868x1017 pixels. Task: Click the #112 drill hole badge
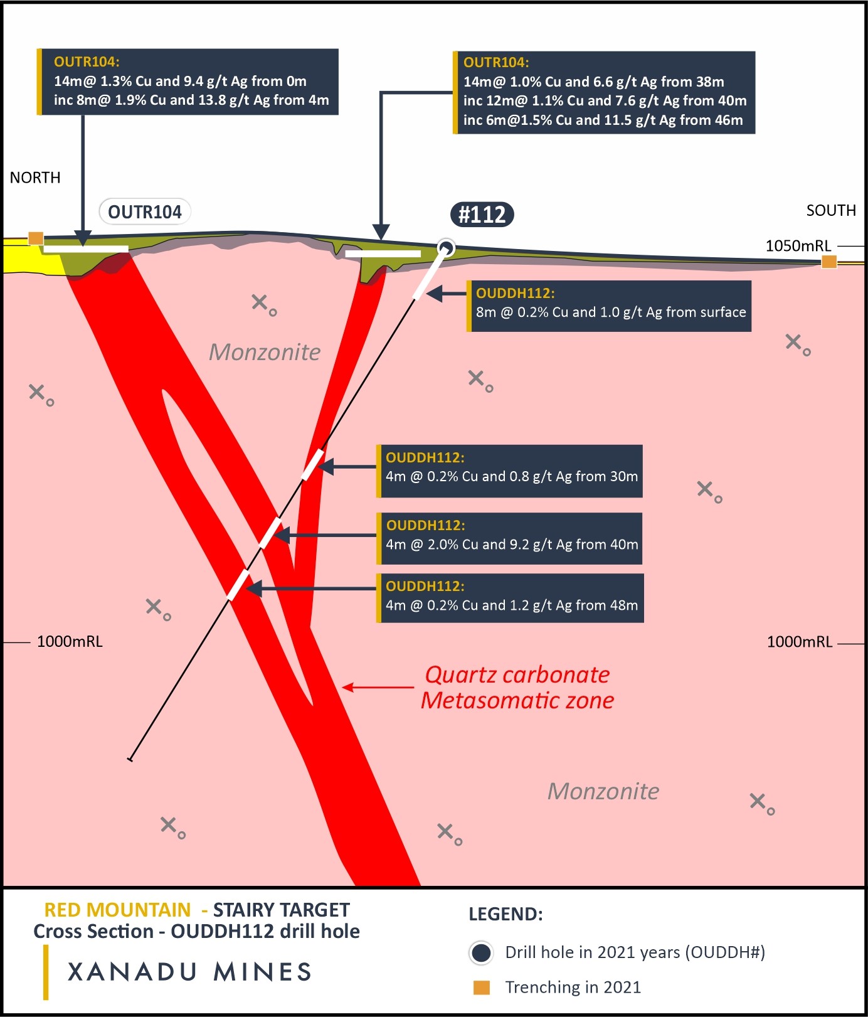point(482,215)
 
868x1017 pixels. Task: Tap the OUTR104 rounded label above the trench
point(145,212)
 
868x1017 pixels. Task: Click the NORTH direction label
point(35,178)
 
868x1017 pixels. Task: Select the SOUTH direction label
point(831,210)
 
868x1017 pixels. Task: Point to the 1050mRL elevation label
point(798,245)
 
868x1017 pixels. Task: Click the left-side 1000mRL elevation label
point(70,641)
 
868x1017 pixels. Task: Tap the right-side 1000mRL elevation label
point(800,641)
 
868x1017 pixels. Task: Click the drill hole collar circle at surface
point(446,248)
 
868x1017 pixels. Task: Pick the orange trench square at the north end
point(36,238)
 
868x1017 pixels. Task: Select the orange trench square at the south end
point(829,262)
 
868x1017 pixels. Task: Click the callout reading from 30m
point(511,471)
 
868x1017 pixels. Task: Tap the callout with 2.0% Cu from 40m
point(511,538)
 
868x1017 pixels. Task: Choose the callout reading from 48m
point(511,597)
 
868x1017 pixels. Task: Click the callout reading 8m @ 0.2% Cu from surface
point(610,306)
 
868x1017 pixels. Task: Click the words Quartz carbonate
point(517,675)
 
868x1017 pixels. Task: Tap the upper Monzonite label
point(264,352)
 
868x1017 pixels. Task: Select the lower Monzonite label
point(603,791)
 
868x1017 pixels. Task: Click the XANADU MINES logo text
point(189,972)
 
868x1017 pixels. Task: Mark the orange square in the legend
point(481,988)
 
